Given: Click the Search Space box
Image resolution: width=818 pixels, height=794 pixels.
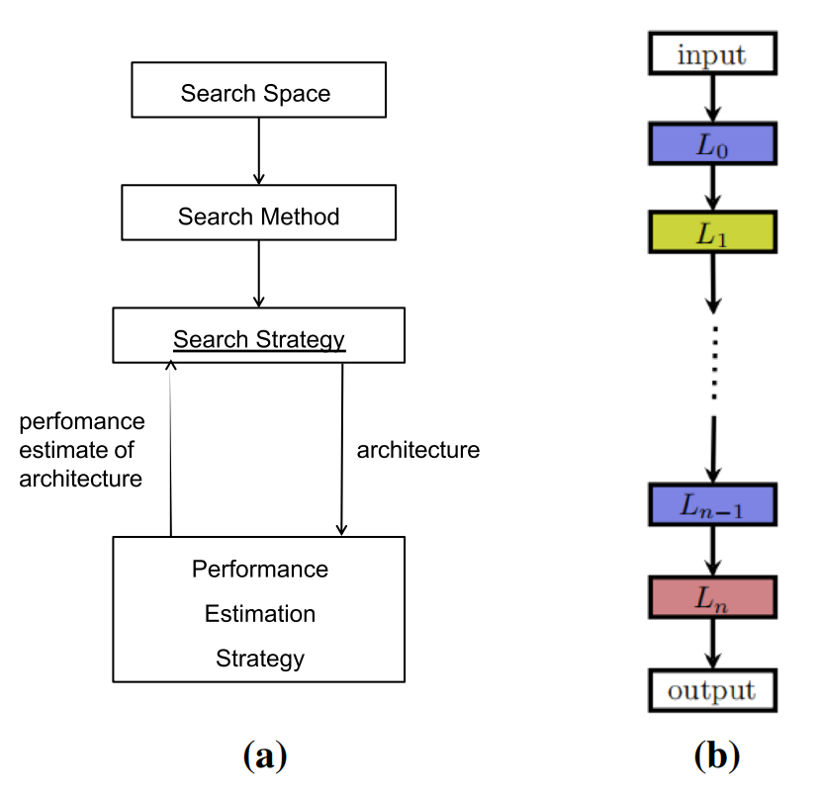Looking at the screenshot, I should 258,94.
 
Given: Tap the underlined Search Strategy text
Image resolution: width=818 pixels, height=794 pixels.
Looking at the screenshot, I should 259,339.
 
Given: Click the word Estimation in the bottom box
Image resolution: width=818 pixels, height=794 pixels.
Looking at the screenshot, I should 260,614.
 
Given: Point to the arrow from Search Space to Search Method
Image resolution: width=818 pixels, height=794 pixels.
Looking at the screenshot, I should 259,150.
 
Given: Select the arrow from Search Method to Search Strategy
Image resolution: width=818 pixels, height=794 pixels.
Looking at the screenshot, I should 259,273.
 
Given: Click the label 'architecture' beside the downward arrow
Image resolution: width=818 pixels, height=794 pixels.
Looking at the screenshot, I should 417,450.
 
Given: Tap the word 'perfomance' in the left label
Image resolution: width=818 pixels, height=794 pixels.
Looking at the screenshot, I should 82,422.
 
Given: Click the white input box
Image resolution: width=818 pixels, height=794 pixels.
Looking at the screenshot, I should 711,53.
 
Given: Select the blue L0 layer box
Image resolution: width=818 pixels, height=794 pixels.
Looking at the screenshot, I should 711,143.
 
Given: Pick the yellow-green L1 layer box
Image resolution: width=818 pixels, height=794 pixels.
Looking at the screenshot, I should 711,233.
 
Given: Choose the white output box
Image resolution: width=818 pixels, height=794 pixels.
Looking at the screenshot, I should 711,688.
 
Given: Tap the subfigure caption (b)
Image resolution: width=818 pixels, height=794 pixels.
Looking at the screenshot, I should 716,755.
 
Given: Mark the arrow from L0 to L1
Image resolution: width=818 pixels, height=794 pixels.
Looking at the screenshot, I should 711,187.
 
